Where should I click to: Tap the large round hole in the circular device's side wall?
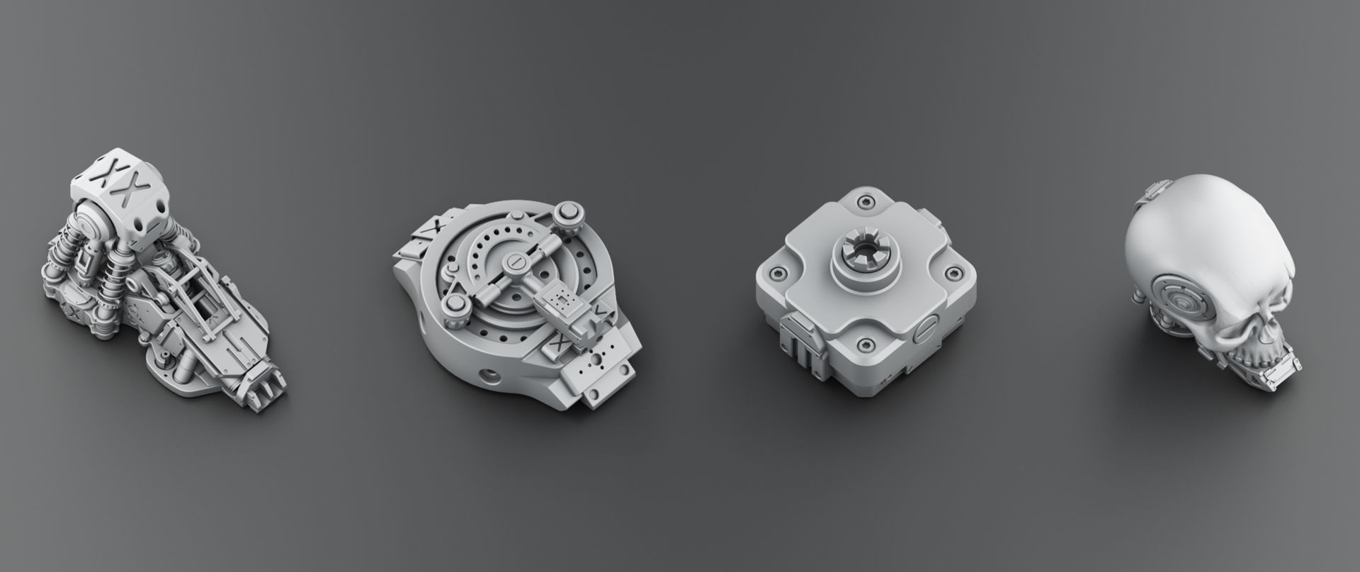(x=488, y=373)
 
